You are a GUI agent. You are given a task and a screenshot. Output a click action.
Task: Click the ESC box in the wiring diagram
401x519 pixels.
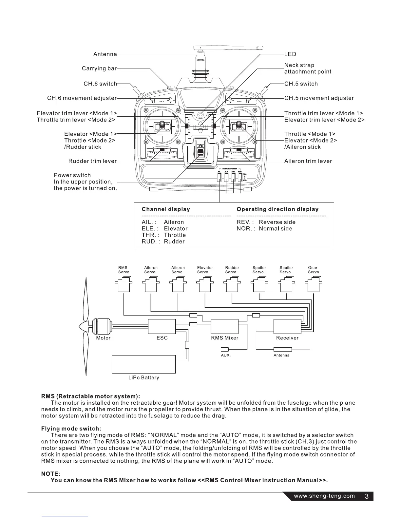coord(162,326)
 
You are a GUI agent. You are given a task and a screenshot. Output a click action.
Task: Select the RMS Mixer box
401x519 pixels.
coord(224,326)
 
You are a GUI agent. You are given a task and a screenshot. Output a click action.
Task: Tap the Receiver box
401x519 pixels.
coord(287,326)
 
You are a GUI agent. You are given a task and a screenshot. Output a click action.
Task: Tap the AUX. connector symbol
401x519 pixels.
coord(224,349)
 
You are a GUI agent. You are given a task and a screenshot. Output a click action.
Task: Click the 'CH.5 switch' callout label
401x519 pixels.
coord(301,84)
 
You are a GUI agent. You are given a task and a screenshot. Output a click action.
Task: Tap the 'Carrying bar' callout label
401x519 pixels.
coord(99,68)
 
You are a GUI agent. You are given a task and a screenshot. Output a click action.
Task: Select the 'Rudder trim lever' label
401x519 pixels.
coord(92,161)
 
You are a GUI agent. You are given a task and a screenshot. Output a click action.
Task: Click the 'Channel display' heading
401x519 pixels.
coord(165,209)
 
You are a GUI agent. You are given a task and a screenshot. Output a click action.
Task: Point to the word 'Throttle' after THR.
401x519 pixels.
coord(175,235)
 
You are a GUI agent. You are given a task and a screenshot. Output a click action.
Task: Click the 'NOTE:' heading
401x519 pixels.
coord(50,474)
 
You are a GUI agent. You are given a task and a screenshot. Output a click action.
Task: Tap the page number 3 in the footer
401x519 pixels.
coord(367,496)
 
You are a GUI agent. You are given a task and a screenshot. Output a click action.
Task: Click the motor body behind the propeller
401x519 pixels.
coord(102,326)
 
